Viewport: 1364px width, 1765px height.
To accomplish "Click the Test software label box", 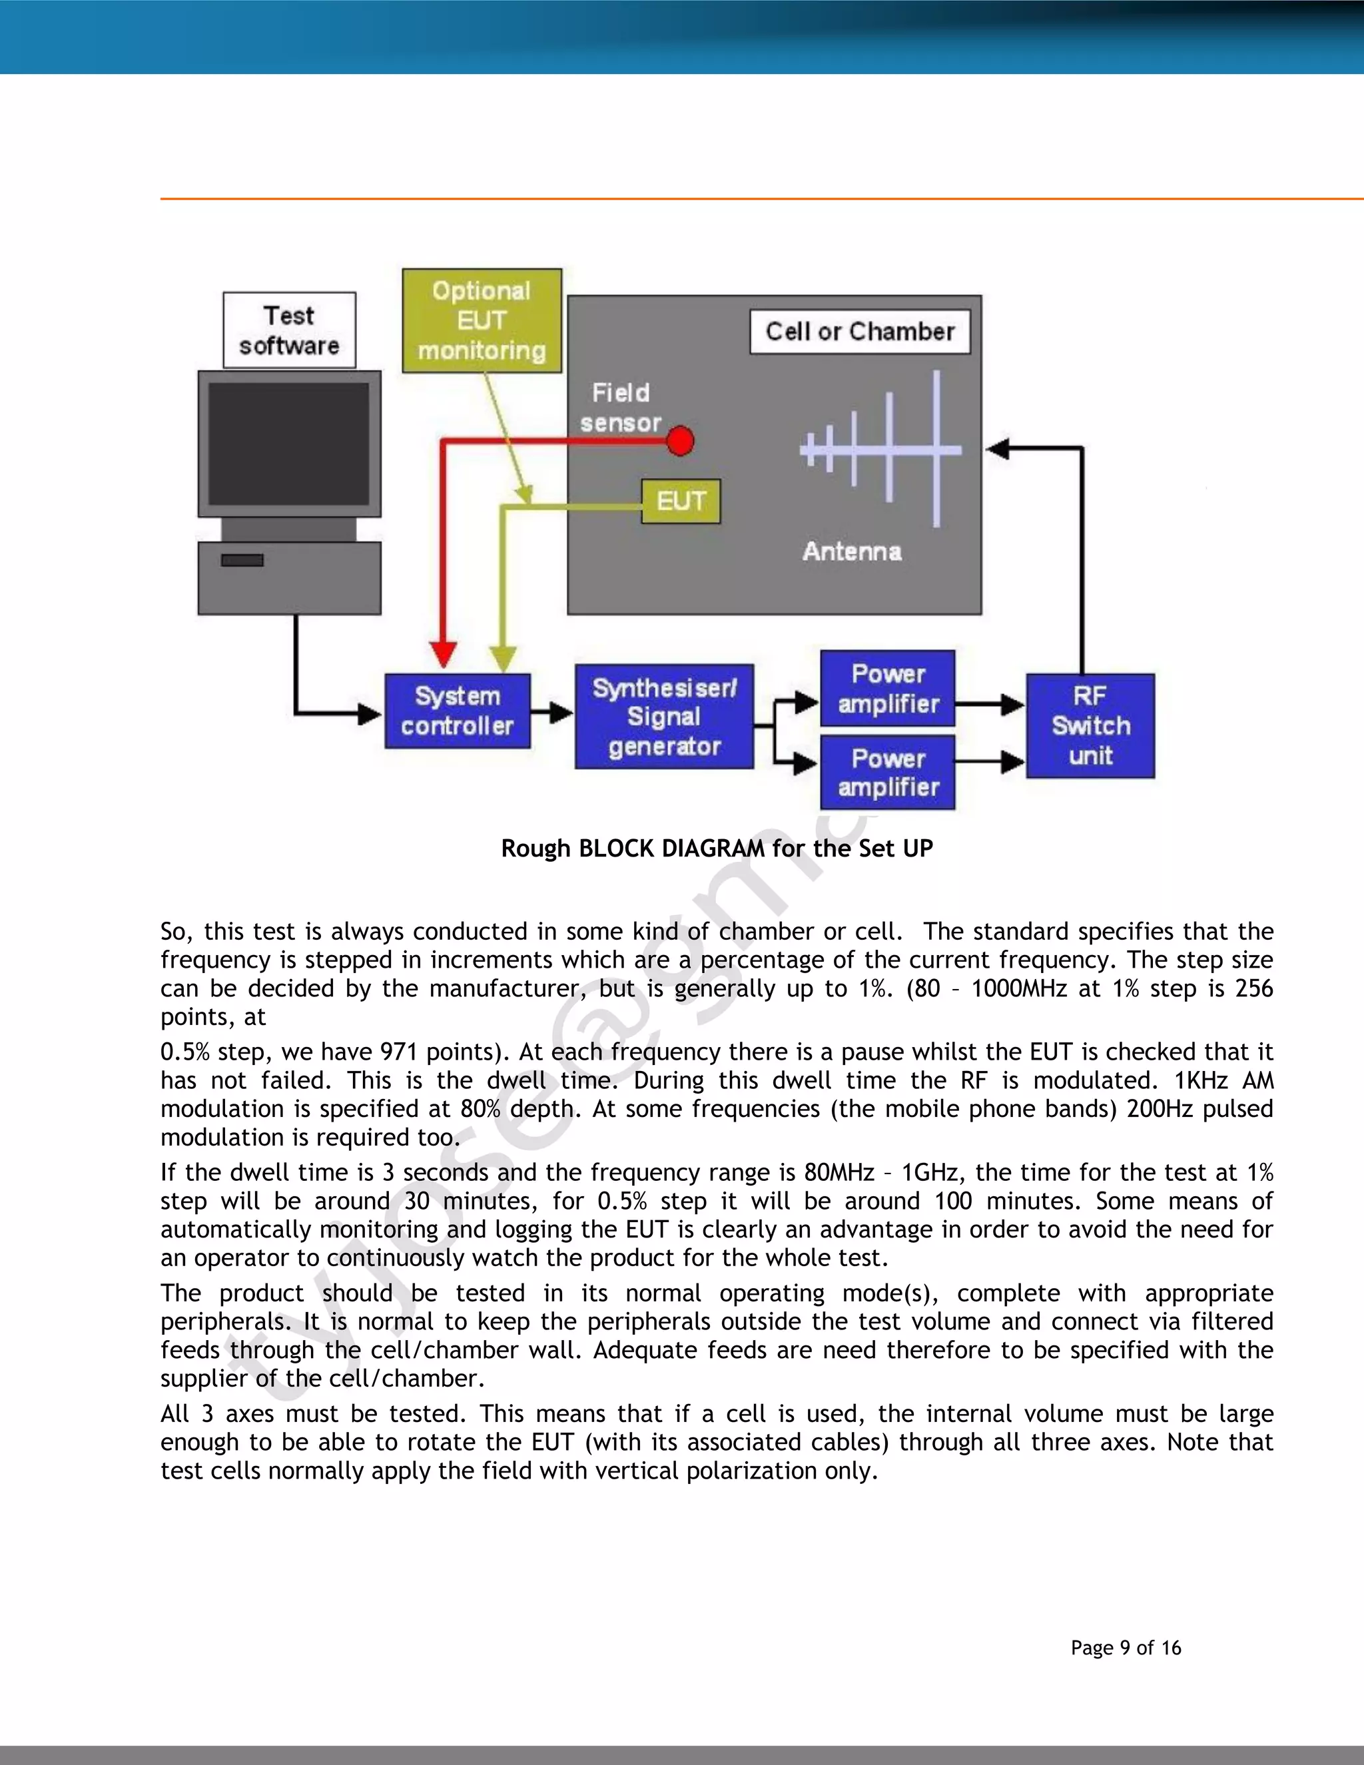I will [x=289, y=330].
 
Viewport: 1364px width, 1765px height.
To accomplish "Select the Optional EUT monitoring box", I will [x=482, y=321].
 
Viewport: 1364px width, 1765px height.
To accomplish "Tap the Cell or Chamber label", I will [x=860, y=331].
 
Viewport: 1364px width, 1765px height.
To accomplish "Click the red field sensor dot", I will [x=681, y=441].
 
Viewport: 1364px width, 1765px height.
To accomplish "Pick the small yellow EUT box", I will [x=681, y=501].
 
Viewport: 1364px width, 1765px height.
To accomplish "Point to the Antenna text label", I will [x=852, y=551].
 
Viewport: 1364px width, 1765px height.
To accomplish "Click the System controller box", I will [x=458, y=711].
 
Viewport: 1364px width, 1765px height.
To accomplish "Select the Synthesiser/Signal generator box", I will [x=664, y=717].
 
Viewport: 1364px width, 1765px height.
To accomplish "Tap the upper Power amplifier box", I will [x=887, y=689].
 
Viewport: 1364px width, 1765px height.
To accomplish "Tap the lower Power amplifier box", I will [x=887, y=773].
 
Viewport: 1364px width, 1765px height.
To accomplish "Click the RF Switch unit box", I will [x=1090, y=726].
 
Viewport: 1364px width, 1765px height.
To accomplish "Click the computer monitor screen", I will [x=289, y=444].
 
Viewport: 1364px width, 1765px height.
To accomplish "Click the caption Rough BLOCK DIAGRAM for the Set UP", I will [x=717, y=849].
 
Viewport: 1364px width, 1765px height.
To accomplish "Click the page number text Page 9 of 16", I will [x=1126, y=1648].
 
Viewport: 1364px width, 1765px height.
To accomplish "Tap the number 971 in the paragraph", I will [x=398, y=1052].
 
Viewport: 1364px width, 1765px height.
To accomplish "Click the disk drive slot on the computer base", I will [x=242, y=560].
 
